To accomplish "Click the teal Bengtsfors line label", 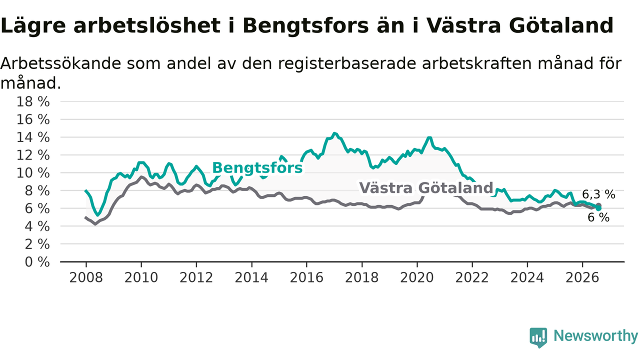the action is (x=257, y=167).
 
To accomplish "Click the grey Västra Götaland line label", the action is (x=426, y=188).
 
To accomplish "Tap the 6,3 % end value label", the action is (x=598, y=194).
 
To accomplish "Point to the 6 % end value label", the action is (x=598, y=217).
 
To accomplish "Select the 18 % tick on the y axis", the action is (x=33, y=101).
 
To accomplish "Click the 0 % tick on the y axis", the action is (x=37, y=262).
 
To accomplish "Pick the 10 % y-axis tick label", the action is (x=33, y=173).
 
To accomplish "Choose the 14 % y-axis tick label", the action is (x=33, y=137).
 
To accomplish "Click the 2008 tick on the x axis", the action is (x=86, y=277).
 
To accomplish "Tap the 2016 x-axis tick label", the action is (x=306, y=277).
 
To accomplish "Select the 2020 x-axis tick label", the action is (x=417, y=277).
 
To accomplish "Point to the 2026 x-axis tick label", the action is (x=582, y=277).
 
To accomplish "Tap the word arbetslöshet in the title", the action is (x=147, y=25).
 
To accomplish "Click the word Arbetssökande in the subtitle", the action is (x=61, y=63).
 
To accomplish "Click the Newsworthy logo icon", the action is (x=538, y=337).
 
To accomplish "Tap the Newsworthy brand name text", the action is (x=596, y=336).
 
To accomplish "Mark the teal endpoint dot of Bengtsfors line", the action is (x=598, y=208).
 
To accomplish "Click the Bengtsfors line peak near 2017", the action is (x=334, y=133).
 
